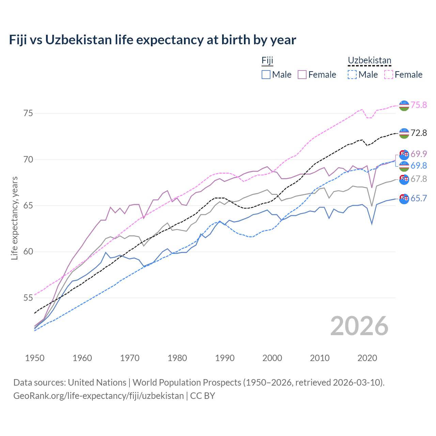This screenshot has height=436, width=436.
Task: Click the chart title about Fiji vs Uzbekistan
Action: click(x=152, y=40)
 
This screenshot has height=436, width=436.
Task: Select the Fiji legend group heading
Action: click(x=267, y=61)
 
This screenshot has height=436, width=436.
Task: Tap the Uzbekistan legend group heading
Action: click(x=369, y=61)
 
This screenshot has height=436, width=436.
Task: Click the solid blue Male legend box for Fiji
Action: click(x=266, y=75)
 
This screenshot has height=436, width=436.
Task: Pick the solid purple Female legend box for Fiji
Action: click(x=302, y=75)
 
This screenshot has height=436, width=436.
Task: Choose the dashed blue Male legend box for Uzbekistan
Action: click(x=352, y=75)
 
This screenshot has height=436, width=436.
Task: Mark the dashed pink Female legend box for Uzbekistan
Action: click(x=389, y=75)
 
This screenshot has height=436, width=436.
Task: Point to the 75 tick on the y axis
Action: click(x=28, y=113)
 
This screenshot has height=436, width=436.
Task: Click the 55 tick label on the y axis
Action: click(x=28, y=298)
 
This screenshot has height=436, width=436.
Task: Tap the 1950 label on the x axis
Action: click(x=35, y=358)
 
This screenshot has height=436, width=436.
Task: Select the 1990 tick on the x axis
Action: click(x=225, y=358)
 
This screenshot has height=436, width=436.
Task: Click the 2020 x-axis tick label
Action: click(x=367, y=358)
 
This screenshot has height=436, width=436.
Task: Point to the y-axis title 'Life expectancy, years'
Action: click(x=15, y=218)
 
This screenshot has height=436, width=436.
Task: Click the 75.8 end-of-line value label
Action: click(x=419, y=105)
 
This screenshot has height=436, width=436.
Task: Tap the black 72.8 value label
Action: click(x=419, y=133)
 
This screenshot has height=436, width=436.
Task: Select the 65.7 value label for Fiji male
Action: click(x=419, y=198)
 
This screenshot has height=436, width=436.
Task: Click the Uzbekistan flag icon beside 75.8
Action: click(x=404, y=106)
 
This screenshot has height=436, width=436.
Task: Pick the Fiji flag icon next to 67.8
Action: click(x=404, y=179)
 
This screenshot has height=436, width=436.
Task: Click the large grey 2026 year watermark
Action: click(x=359, y=326)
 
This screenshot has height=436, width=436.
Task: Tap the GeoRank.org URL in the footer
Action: click(x=98, y=396)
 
